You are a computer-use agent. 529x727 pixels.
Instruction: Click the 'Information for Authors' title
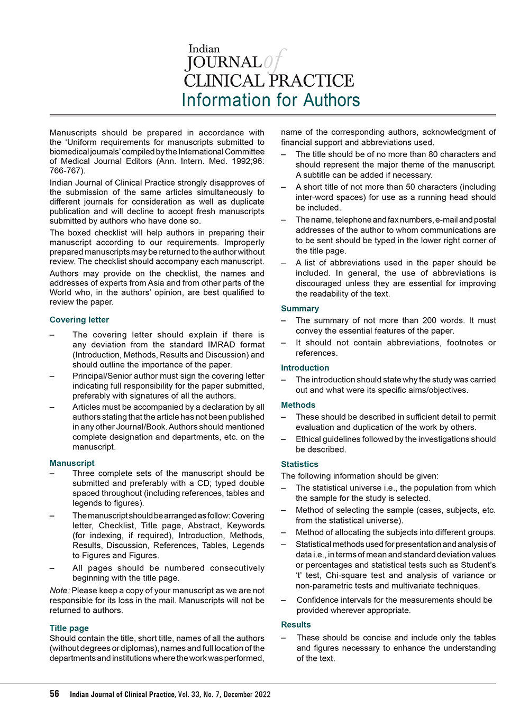(270, 100)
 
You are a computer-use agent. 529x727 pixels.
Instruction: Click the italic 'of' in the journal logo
(275, 61)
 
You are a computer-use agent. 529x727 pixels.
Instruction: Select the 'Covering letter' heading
(79, 320)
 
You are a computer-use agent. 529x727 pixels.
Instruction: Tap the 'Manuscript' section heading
(72, 463)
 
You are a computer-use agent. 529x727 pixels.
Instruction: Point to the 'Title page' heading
(69, 628)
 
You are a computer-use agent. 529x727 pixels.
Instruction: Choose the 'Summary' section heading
(300, 309)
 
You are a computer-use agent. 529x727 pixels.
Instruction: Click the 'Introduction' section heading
(305, 368)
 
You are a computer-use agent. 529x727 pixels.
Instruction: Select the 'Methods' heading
(298, 405)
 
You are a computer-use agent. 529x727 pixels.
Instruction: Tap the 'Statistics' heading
(299, 464)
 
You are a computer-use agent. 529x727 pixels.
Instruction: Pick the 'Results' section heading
(296, 625)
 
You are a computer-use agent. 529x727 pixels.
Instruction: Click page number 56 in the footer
(54, 694)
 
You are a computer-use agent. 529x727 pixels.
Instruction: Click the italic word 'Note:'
(60, 591)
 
